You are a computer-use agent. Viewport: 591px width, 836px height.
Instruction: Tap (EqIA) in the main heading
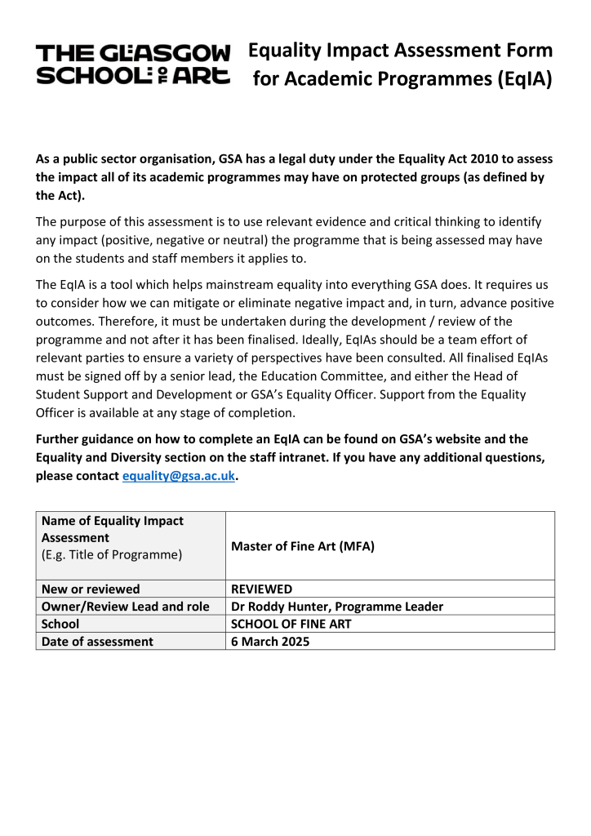(522, 80)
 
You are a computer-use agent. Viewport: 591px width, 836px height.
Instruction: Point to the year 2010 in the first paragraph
(443, 160)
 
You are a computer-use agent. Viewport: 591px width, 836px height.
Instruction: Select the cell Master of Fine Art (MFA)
(303, 546)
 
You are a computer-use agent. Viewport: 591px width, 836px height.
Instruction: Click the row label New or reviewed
(91, 589)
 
